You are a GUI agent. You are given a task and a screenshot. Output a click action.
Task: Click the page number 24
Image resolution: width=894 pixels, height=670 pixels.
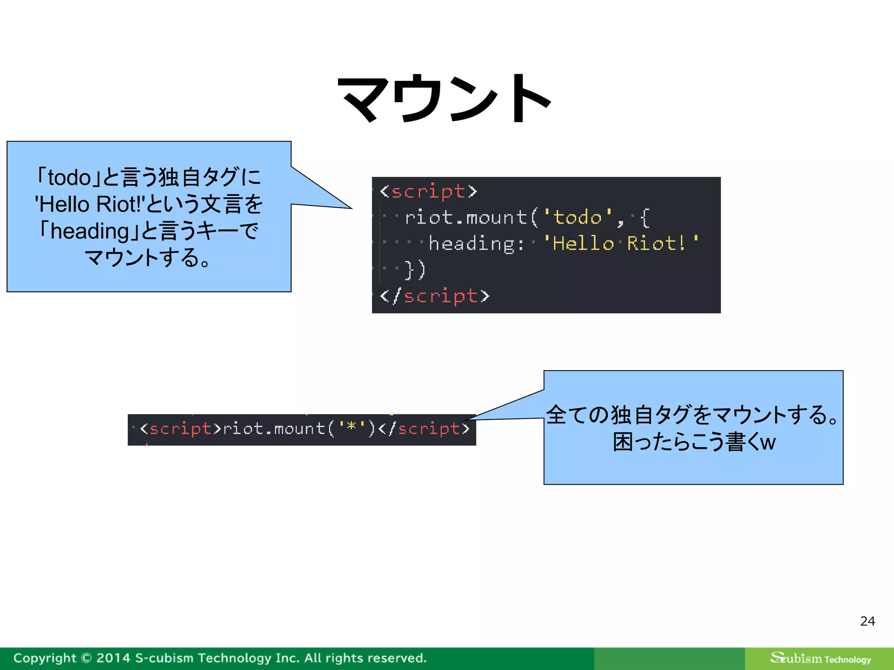[x=867, y=621]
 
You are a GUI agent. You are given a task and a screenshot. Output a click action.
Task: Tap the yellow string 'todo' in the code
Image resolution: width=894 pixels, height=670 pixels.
[x=578, y=217]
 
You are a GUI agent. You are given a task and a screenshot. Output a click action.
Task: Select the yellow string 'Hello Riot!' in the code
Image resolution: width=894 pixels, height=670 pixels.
[x=620, y=243]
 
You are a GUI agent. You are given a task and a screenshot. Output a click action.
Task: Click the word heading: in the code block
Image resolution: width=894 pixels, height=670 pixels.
[x=476, y=243]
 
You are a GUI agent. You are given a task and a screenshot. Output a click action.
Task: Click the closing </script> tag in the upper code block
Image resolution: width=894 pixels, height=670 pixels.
[x=434, y=296]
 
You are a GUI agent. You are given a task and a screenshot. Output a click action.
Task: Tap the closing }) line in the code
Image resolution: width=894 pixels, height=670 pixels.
[x=415, y=270]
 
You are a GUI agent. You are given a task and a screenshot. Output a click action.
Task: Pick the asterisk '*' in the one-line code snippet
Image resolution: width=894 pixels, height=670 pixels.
[x=351, y=427]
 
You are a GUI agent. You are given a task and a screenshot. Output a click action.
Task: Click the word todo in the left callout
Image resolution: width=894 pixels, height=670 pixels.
[x=69, y=178]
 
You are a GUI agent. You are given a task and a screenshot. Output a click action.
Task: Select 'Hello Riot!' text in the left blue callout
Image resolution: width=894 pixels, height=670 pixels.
[x=89, y=204]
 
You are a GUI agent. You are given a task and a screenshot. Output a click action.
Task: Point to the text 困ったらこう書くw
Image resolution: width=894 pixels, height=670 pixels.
[x=694, y=442]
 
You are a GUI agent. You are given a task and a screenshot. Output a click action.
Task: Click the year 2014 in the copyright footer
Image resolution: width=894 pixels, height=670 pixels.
[x=113, y=658]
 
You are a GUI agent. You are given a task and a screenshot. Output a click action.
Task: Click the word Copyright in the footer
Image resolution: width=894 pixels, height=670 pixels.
[x=45, y=658]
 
